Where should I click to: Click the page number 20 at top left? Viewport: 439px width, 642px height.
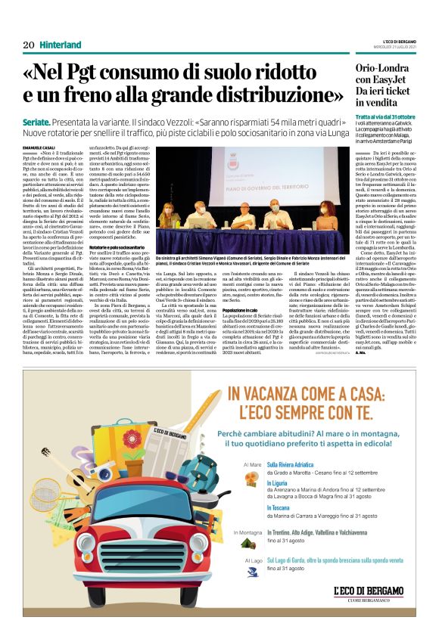[29, 45]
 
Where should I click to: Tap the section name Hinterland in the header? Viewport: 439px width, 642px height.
[61, 45]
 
